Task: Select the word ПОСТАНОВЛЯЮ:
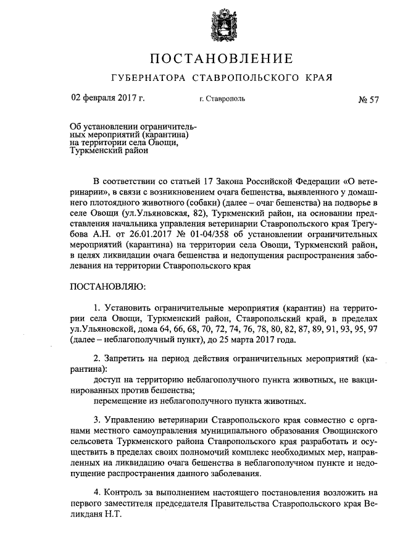coord(108,287)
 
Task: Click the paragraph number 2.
coord(97,359)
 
